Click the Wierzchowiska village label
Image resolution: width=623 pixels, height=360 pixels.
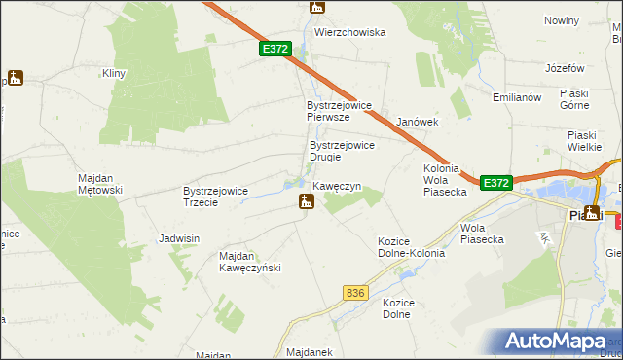[x=349, y=32]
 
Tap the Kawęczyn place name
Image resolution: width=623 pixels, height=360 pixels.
[x=337, y=185]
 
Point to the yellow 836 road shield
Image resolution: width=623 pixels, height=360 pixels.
[x=356, y=293]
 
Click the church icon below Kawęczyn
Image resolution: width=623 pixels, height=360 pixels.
[x=306, y=202]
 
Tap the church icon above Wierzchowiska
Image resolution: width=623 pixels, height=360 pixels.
[x=315, y=8]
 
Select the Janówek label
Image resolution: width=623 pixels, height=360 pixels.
[x=419, y=122]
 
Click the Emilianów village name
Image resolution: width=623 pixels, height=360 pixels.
[x=516, y=97]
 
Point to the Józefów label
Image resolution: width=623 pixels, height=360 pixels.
[x=565, y=68]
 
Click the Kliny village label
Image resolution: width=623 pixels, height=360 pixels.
[x=115, y=73]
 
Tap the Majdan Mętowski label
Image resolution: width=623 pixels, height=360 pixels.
[x=99, y=184]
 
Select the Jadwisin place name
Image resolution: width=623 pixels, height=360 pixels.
[x=179, y=238]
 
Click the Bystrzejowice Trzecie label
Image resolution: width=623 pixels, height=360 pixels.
[x=217, y=197]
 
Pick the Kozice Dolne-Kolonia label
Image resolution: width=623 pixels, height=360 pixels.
[x=411, y=247]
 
